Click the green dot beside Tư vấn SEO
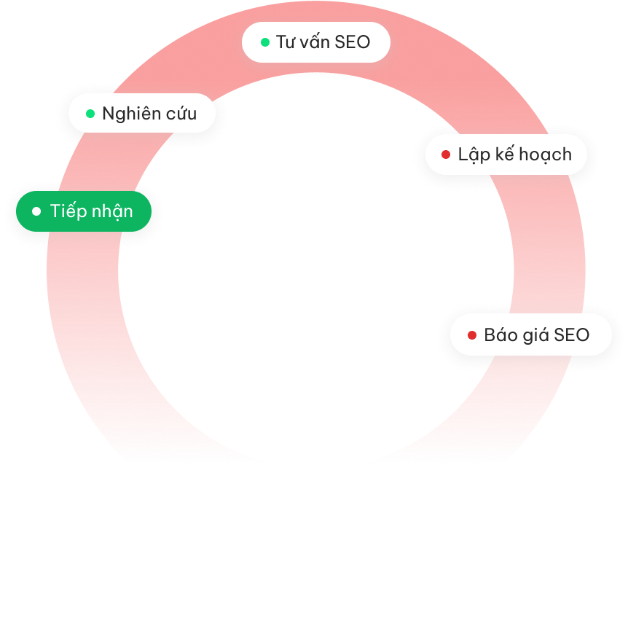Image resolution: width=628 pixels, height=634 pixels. (x=265, y=42)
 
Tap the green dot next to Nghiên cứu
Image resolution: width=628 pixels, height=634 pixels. (x=90, y=114)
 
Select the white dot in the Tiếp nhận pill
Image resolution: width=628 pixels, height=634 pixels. (x=36, y=211)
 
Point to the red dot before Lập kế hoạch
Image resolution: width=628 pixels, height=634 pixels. (x=446, y=154)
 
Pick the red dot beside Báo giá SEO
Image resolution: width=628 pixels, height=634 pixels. (x=471, y=335)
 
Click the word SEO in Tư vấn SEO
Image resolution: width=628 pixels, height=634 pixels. (x=353, y=42)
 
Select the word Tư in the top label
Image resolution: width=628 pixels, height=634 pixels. (x=283, y=42)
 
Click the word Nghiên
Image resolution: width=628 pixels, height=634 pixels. (x=127, y=114)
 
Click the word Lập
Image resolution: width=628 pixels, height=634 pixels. (x=471, y=154)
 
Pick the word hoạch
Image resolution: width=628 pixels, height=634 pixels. (x=543, y=154)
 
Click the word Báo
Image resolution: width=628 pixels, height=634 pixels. (x=499, y=335)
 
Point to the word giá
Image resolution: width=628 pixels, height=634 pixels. (x=535, y=336)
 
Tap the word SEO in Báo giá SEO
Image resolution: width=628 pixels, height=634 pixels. (x=572, y=335)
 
